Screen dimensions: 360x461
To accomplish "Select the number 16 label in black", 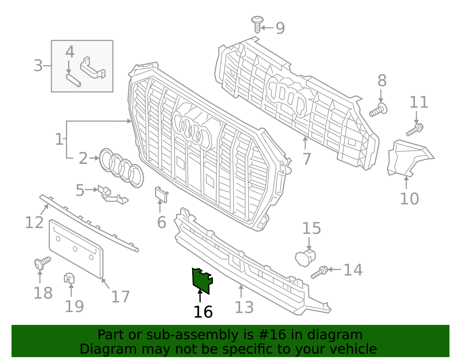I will point(203,312).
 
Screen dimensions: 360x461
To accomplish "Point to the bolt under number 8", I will point(378,110).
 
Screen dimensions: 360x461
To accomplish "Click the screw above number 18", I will point(42,263).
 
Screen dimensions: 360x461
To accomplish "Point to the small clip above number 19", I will point(69,278).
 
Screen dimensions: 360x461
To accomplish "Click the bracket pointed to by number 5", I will point(112,195).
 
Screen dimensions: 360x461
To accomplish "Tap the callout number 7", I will point(307,159).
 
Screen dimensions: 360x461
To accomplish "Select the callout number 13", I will point(244,307).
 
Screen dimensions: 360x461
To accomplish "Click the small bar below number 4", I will point(73,80).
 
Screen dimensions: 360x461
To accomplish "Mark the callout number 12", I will point(34,223).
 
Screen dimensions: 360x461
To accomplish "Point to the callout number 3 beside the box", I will point(38,66).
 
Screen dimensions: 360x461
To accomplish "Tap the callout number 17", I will point(120,297).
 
